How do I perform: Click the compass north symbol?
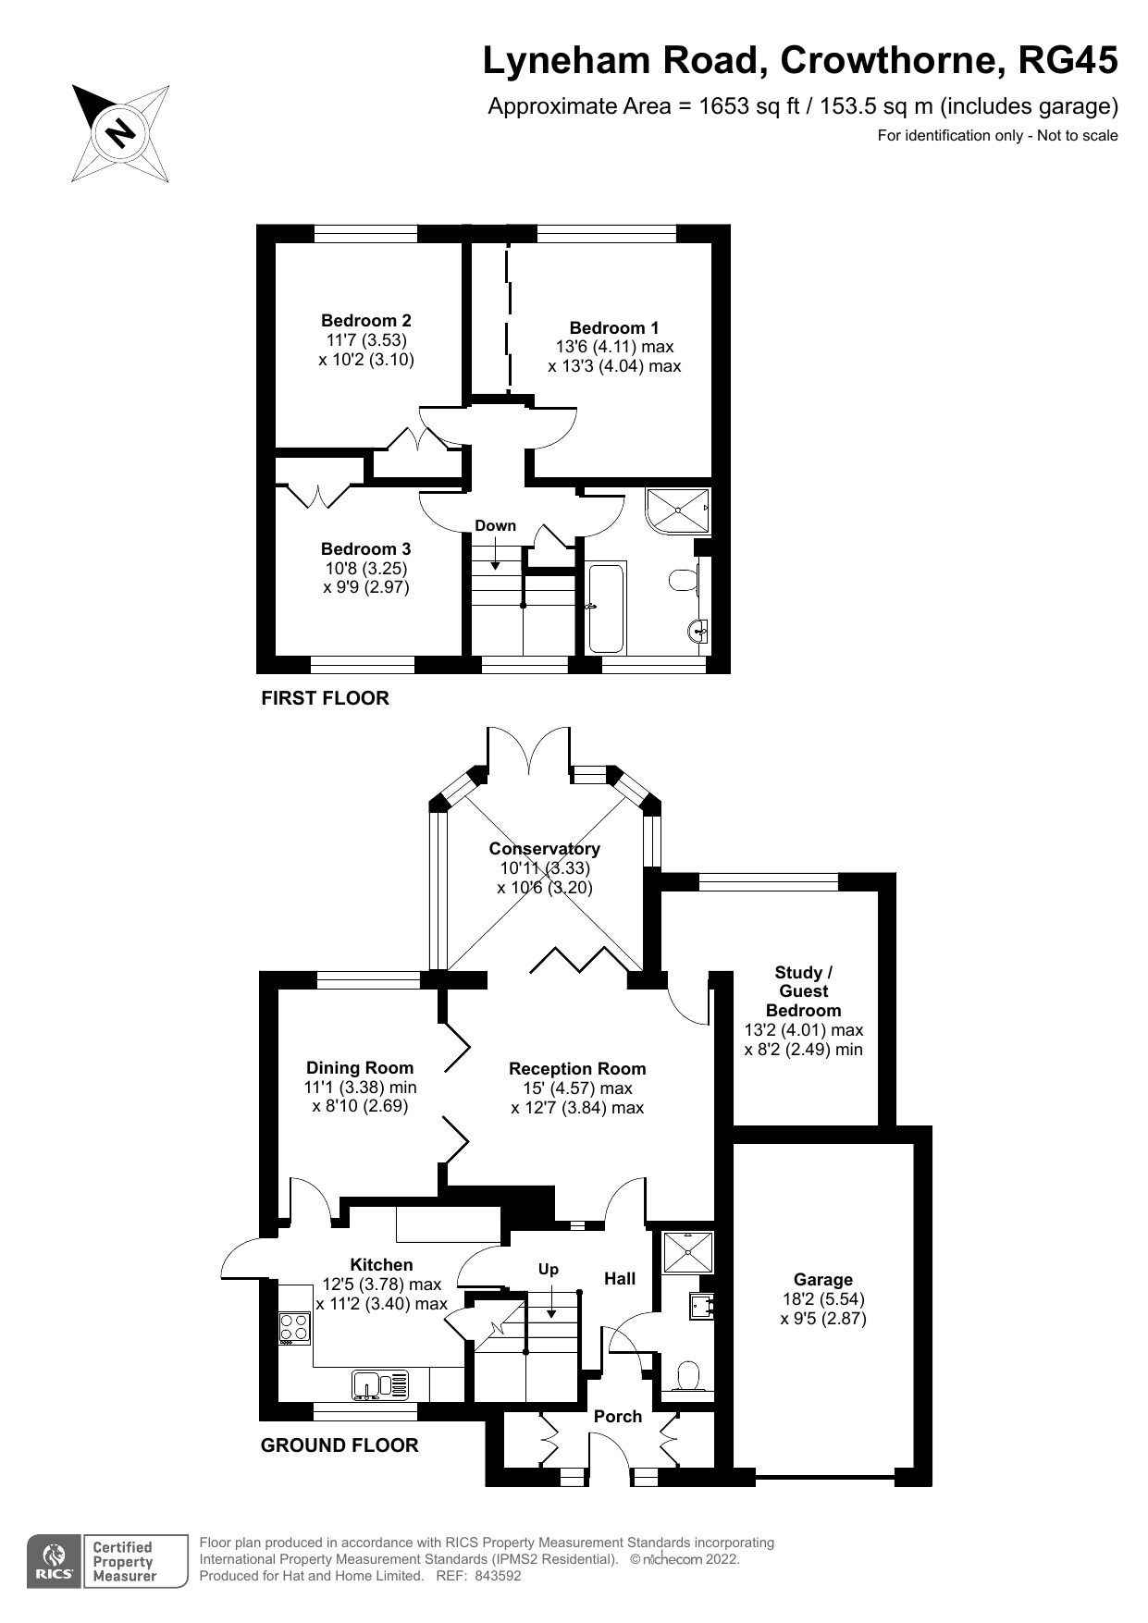coord(120,132)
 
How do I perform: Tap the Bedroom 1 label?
coord(613,327)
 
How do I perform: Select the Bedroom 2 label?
coord(366,320)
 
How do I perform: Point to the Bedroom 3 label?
coord(366,548)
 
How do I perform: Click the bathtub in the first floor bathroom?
coord(607,607)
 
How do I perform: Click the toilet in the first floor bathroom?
coord(682,582)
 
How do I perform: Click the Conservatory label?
coord(544,848)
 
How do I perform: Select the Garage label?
coord(822,1280)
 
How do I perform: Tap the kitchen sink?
coord(379,1384)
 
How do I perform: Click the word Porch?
coord(617,1416)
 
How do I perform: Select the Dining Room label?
coord(360,1067)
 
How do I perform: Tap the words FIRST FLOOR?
coord(325,698)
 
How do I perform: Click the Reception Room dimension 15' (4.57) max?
coord(576,1088)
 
